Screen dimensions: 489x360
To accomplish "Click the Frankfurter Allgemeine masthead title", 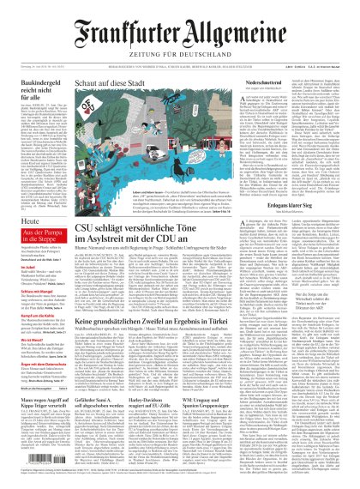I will (x=180, y=20).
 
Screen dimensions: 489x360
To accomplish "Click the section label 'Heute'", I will (x=17, y=220).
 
